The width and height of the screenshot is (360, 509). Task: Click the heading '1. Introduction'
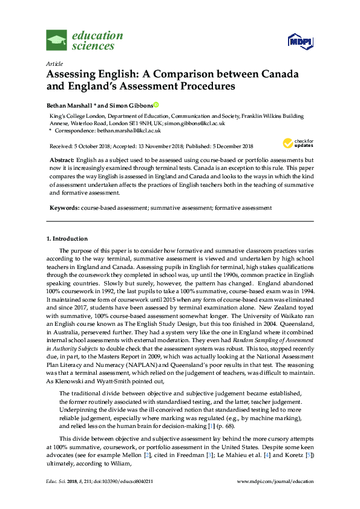(67, 238)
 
